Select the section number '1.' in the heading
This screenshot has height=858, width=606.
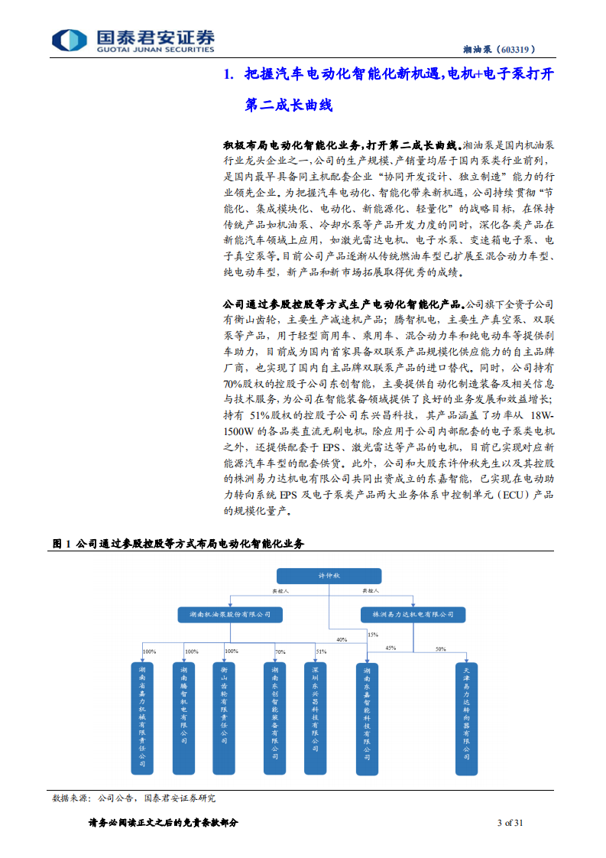(227, 75)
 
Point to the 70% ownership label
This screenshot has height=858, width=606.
(280, 652)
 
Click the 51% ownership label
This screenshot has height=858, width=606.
(321, 652)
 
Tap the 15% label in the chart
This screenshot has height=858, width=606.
(373, 635)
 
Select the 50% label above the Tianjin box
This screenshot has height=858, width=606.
(441, 648)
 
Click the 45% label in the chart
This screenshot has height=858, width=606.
(390, 648)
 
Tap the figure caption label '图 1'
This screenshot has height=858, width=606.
(61, 544)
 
